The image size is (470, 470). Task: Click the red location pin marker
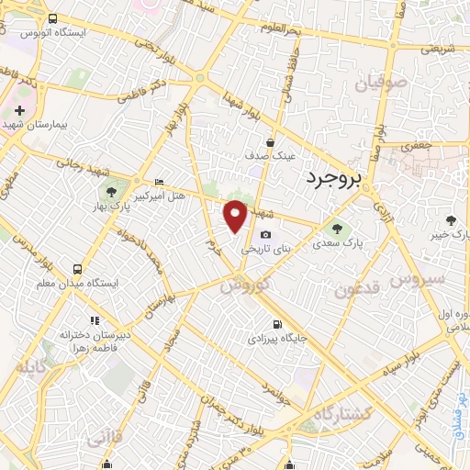pyautogui.click(x=236, y=216)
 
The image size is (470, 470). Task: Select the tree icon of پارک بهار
pyautogui.click(x=111, y=193)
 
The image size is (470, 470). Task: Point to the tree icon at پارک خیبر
pyautogui.click(x=450, y=219)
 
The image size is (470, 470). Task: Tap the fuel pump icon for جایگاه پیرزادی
pyautogui.click(x=276, y=325)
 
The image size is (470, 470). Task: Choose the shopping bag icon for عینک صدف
pyautogui.click(x=270, y=142)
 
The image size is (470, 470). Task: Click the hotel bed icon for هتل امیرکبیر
pyautogui.click(x=160, y=182)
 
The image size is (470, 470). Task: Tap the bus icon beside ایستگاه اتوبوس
pyautogui.click(x=51, y=18)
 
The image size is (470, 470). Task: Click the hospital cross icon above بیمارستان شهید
pyautogui.click(x=20, y=110)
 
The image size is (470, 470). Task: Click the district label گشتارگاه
pyautogui.click(x=341, y=389)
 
